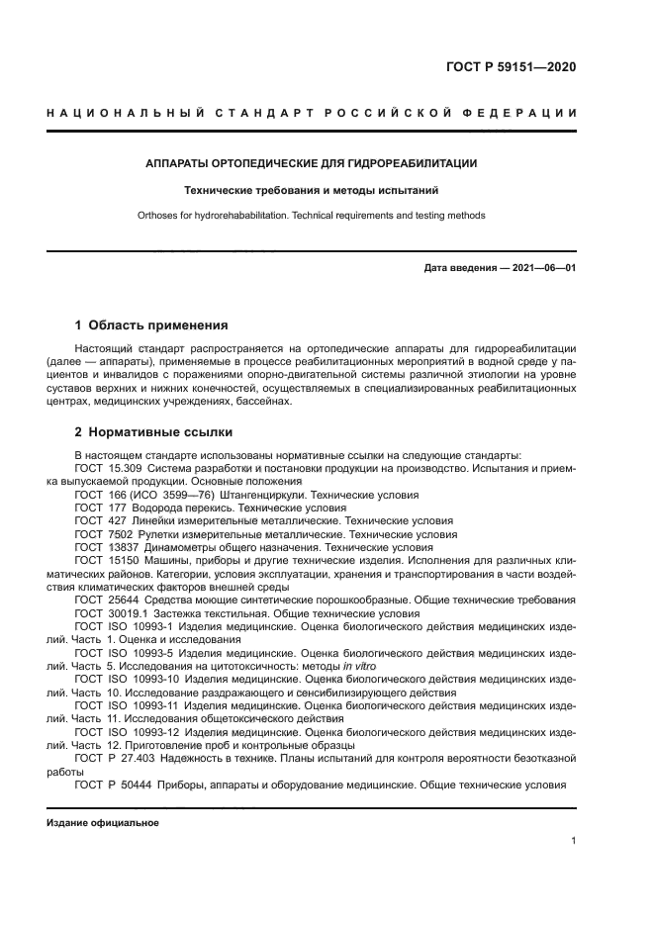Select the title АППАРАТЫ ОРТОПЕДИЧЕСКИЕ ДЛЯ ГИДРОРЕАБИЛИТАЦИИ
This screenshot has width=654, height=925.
(x=312, y=162)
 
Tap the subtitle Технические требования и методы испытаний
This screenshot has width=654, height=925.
(x=312, y=189)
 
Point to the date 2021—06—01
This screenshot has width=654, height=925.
(x=542, y=268)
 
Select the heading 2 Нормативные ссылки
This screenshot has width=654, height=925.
(x=154, y=432)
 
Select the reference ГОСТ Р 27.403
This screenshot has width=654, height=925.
(x=112, y=758)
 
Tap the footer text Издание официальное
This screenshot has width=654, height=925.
(x=103, y=822)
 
